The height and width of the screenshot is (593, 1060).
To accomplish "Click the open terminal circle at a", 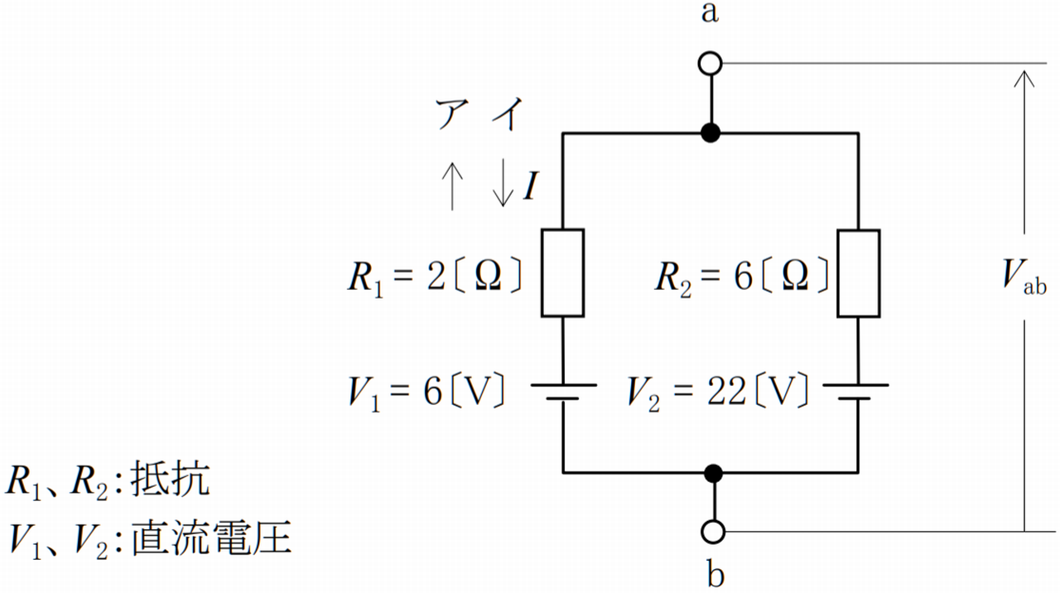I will coord(711,63).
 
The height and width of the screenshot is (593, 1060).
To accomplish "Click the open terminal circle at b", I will coord(713,531).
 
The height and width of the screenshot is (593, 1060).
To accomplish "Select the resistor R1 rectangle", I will coord(563,272).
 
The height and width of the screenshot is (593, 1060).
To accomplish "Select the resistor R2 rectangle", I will coord(859,272).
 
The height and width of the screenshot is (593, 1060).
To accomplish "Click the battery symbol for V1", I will coord(563,391).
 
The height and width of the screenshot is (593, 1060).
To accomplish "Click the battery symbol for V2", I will coord(859,391).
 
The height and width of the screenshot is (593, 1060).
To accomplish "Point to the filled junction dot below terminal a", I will coord(710,133).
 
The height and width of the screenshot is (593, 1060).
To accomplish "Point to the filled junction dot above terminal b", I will coord(713,473).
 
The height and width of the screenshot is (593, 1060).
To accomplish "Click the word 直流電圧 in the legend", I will coord(212,538).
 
